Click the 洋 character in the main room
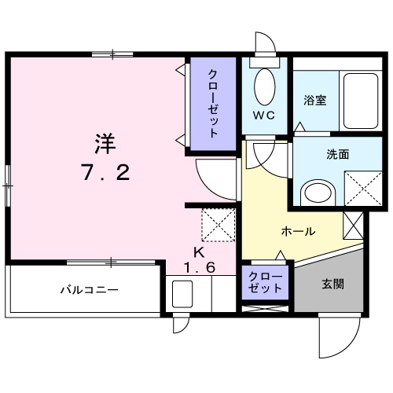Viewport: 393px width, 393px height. pos(105,145)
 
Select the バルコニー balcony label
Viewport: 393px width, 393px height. pos(90,289)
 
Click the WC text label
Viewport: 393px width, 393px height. pos(263,115)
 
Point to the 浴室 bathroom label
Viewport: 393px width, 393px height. pos(316,101)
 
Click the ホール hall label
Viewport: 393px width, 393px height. pos(299,232)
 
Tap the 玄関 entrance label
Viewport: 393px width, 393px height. pos(332,285)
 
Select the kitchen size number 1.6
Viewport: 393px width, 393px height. pos(199,268)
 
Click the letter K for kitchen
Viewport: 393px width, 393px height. pos(200,253)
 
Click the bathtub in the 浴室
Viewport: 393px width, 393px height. pos(362,100)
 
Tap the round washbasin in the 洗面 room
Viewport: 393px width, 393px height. pos(318,191)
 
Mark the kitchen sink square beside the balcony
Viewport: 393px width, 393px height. pos(183,296)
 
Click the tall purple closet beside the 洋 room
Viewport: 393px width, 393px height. pos(213,103)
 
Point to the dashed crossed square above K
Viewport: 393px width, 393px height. pos(219,225)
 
